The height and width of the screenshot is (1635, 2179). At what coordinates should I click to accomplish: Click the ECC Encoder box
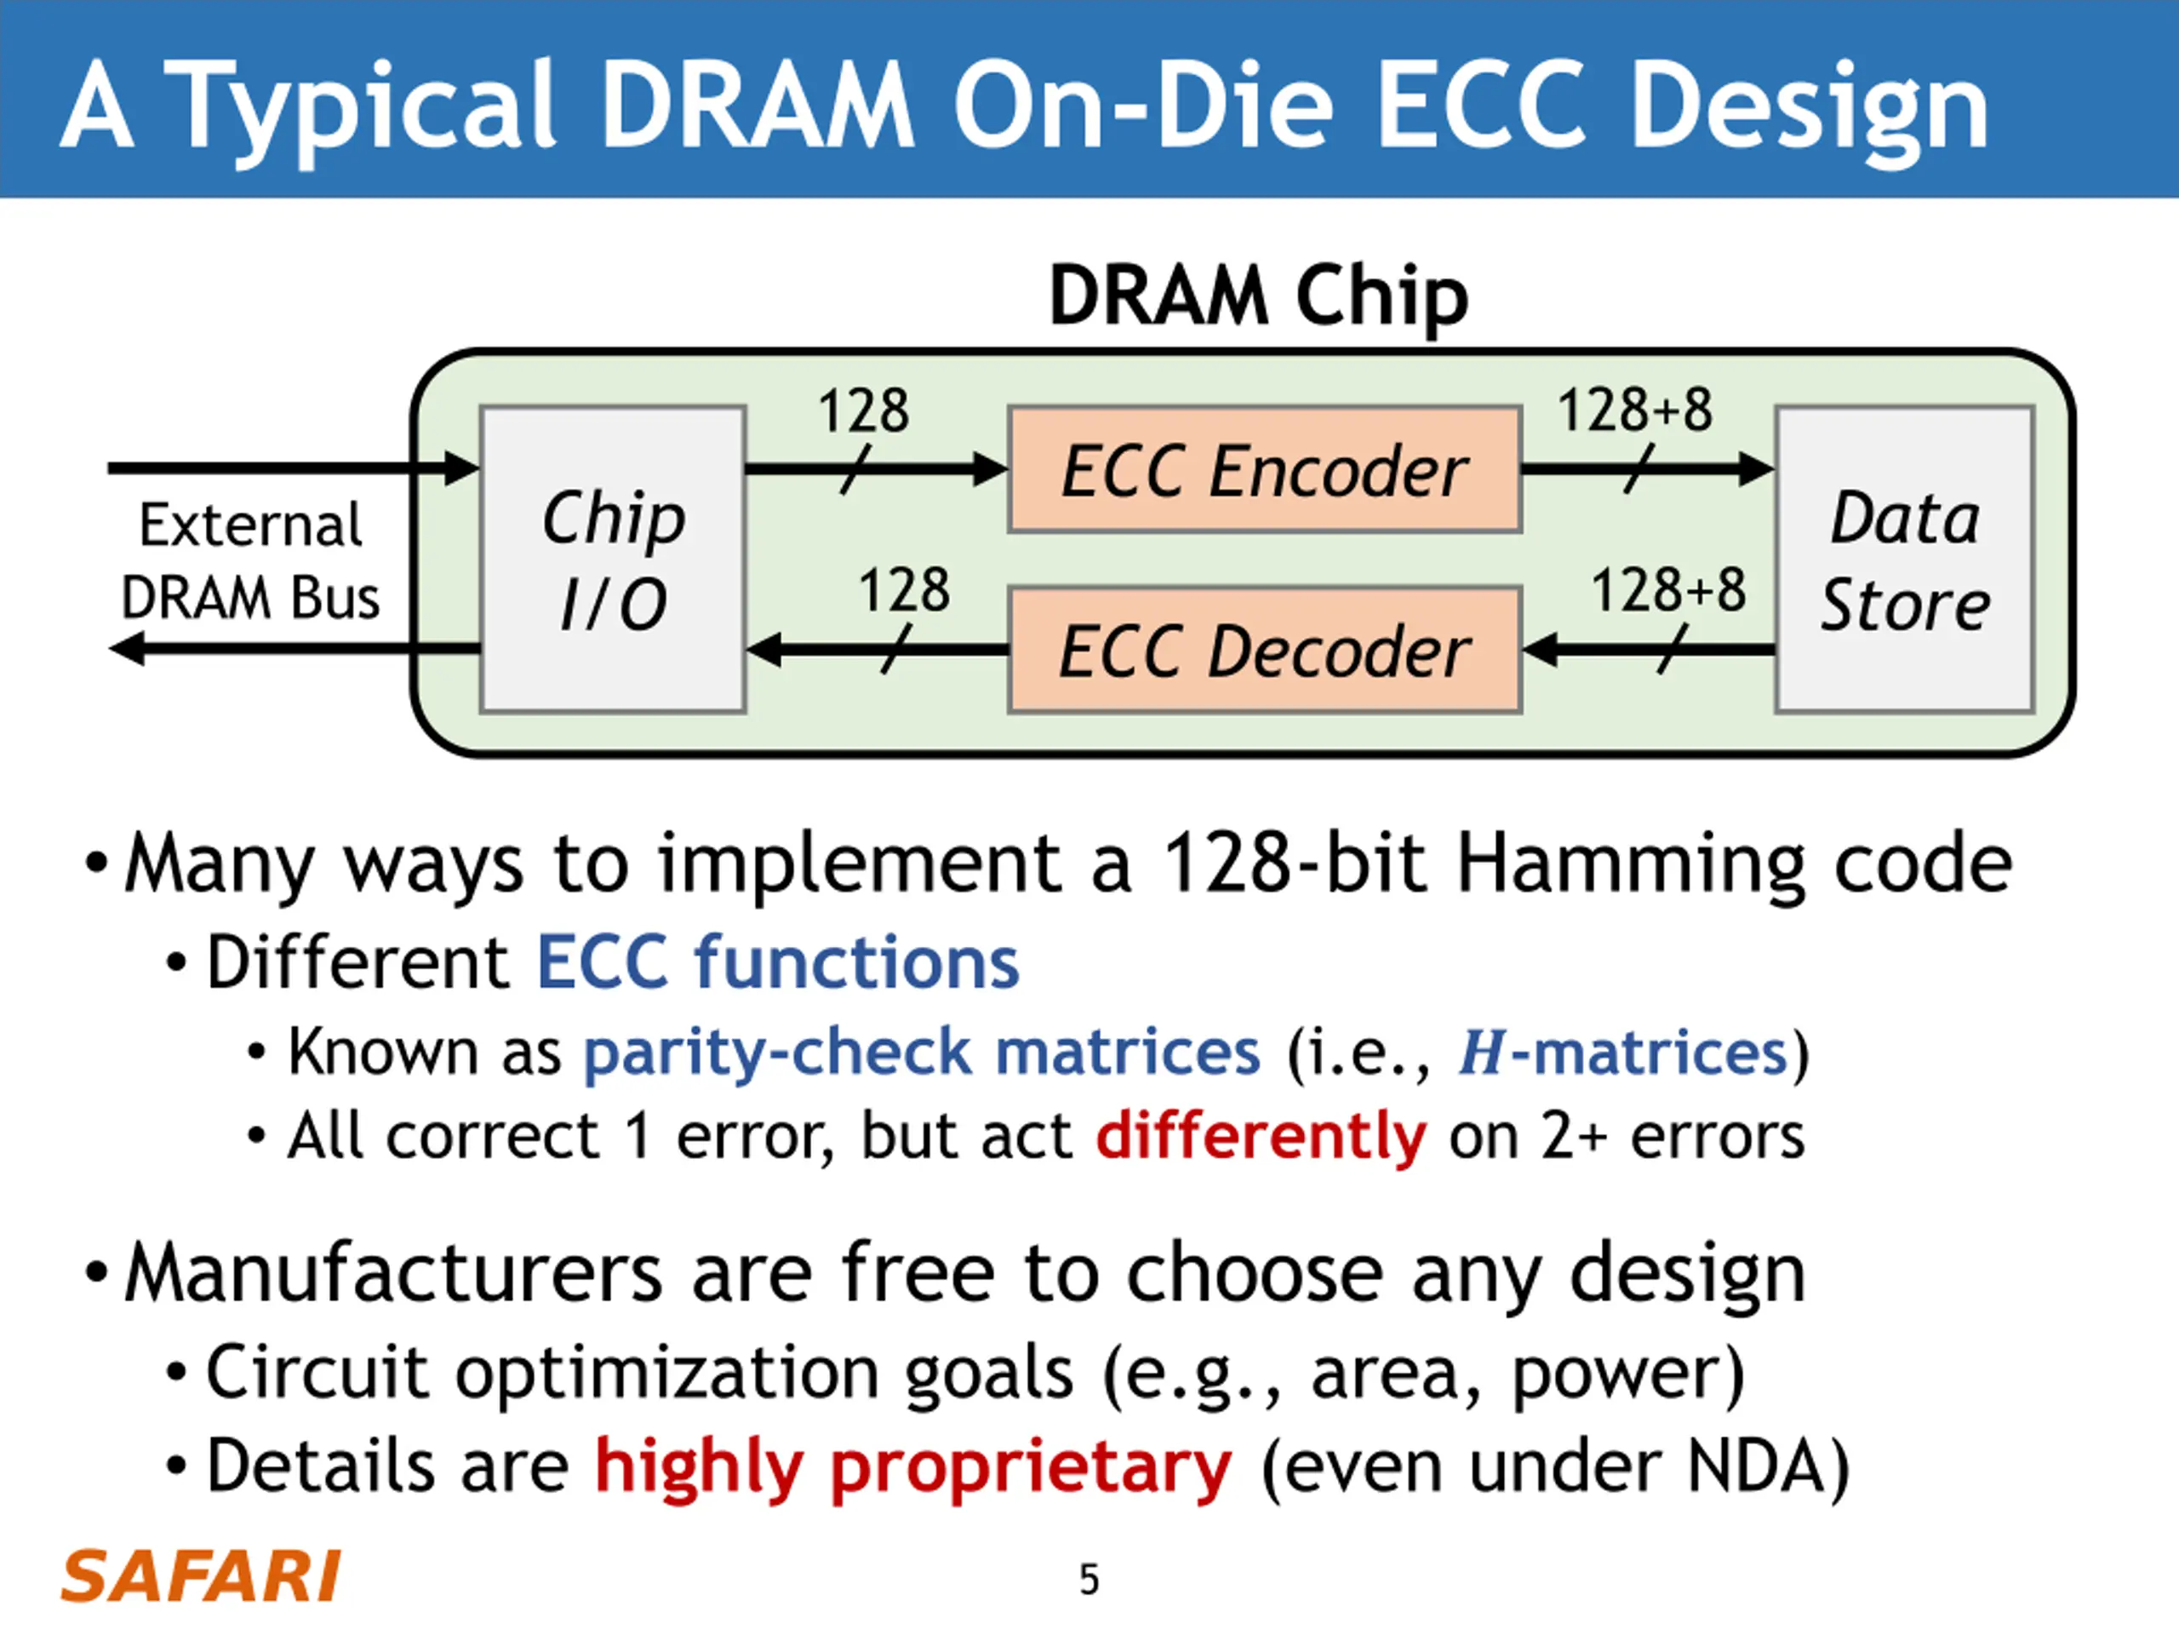pos(1265,470)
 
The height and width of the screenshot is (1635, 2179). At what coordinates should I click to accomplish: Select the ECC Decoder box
pos(1265,651)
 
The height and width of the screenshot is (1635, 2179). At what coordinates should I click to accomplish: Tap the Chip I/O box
pos(613,559)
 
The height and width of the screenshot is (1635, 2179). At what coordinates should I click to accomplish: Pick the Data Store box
pos(1904,559)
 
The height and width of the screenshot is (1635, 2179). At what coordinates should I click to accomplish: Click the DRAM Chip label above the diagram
pos(1258,295)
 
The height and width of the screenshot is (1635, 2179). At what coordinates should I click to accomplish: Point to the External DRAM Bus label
pos(250,561)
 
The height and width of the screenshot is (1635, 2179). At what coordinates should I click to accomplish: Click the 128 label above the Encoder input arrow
pos(863,411)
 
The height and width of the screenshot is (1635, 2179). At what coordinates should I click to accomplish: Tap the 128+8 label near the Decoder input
pos(1669,590)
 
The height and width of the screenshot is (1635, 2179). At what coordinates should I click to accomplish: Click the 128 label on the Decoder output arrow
pos(903,590)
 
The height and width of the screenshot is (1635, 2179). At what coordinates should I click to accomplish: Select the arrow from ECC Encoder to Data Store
pos(1647,468)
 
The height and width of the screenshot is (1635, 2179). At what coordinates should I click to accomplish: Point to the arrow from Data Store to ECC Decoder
pos(1647,651)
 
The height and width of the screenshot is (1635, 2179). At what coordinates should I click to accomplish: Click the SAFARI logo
pos(201,1576)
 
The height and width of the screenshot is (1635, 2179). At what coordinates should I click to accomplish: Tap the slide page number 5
pos(1089,1579)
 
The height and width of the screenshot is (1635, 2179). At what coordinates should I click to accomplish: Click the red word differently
pos(1261,1136)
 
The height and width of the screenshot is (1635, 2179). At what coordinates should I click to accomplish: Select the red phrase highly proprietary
pos(913,1467)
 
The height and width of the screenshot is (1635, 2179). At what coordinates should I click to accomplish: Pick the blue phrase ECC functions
pos(777,962)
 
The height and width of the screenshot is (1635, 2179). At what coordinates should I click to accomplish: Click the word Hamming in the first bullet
pos(1630,863)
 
